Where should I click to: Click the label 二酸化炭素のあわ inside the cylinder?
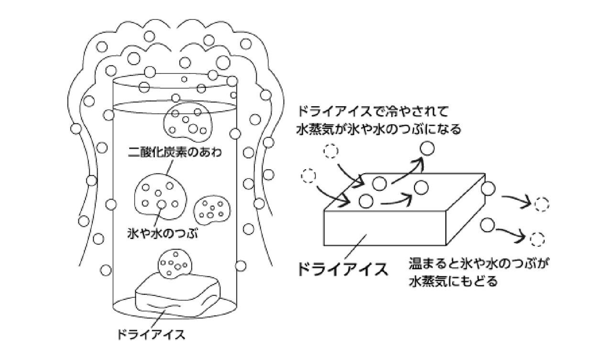click(x=175, y=152)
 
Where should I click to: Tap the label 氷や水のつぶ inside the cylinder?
click(x=163, y=234)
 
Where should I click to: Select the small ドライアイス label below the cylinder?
click(x=151, y=334)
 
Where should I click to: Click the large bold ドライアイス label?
click(x=343, y=269)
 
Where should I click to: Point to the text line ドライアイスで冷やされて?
click(x=372, y=111)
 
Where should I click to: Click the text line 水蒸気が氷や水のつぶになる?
click(x=378, y=129)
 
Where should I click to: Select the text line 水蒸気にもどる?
click(x=453, y=281)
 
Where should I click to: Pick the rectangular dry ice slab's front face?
click(x=385, y=228)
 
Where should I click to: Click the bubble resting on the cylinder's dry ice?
click(x=175, y=263)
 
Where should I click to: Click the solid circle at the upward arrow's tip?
click(x=427, y=148)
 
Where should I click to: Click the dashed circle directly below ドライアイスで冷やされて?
click(x=331, y=151)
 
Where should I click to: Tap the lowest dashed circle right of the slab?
click(x=537, y=240)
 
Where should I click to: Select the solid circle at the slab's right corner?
click(x=488, y=188)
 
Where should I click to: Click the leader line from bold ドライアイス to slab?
click(x=355, y=246)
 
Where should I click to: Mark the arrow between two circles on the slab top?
click(x=396, y=201)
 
